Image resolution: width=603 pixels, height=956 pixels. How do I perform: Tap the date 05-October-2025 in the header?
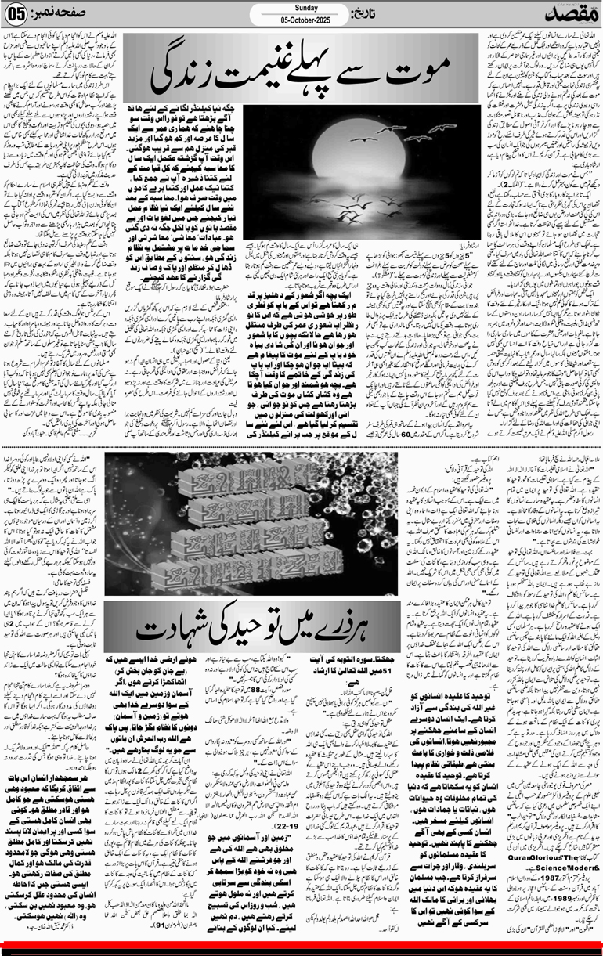coord(301,23)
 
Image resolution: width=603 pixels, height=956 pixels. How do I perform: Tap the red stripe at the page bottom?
coord(301,951)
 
